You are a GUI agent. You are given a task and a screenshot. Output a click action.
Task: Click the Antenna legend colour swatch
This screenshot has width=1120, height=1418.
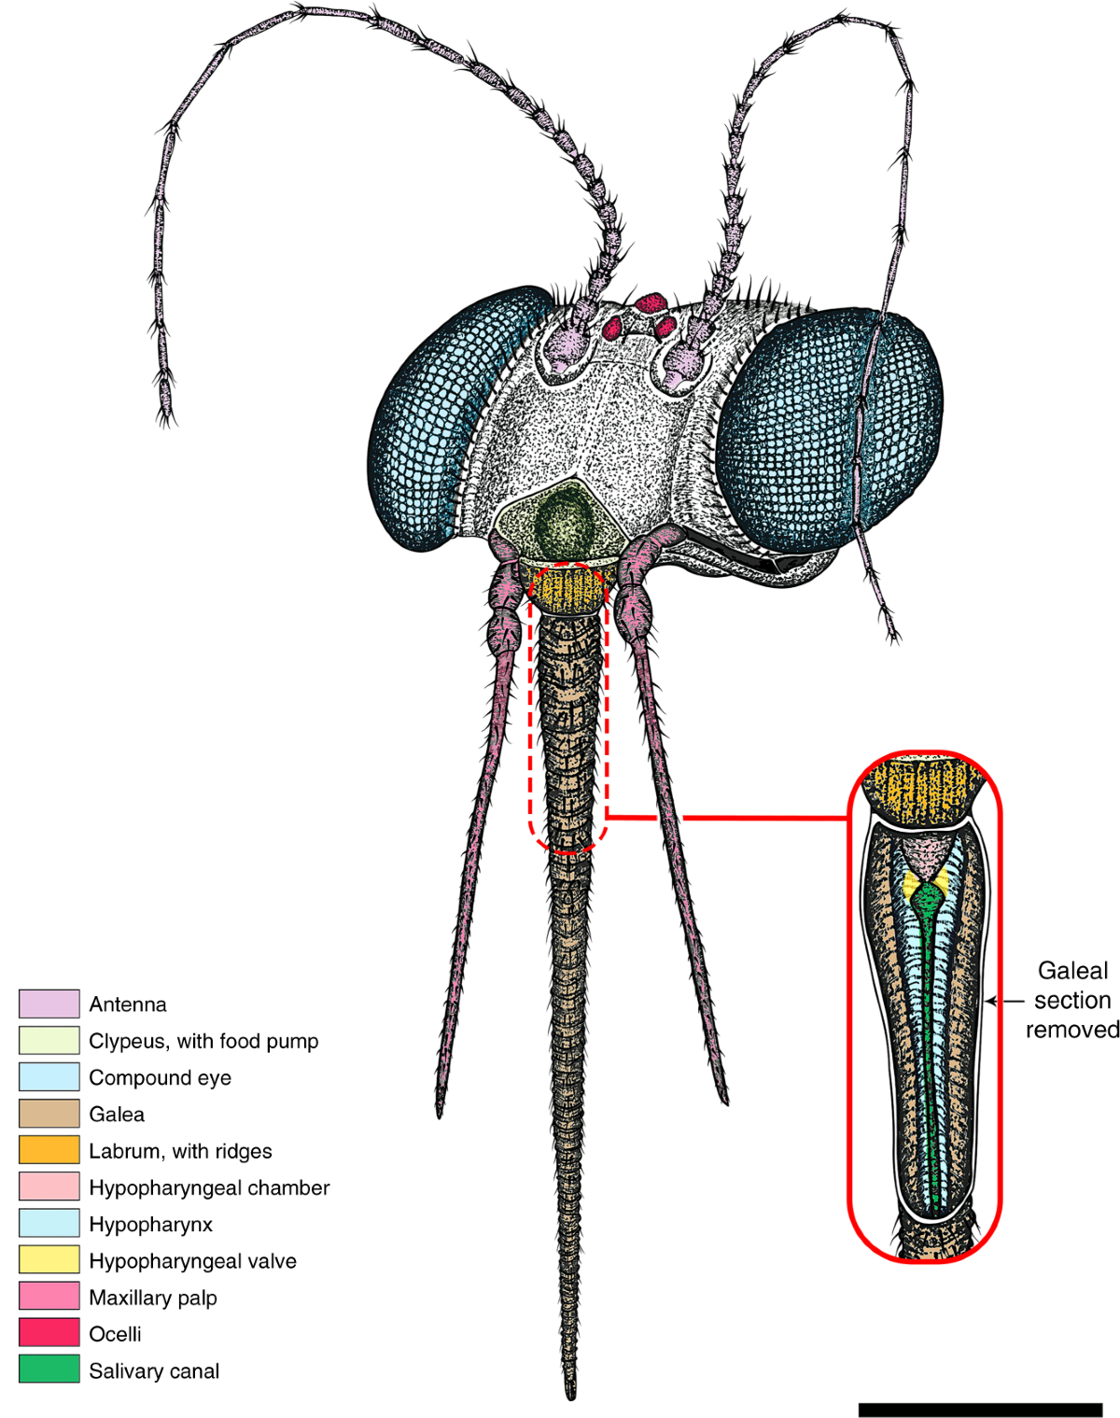49,1004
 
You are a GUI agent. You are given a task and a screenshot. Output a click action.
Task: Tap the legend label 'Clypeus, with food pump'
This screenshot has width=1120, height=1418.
203,1041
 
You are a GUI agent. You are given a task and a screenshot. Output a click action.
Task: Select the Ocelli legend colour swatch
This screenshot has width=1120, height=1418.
49,1333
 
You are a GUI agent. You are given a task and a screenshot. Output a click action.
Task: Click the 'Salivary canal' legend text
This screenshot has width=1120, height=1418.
154,1370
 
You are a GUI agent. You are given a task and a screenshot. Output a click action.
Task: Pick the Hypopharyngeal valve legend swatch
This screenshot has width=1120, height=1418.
49,1260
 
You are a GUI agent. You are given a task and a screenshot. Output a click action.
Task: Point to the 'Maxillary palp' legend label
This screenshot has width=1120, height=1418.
153,1298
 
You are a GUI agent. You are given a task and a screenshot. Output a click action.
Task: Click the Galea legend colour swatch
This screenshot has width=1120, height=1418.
49,1114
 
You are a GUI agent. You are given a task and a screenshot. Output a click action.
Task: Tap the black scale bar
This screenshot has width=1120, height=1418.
980,1410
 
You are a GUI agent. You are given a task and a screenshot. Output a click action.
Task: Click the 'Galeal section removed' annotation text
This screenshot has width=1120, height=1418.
1072,1000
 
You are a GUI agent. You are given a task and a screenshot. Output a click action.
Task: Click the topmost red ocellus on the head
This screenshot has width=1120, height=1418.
651,302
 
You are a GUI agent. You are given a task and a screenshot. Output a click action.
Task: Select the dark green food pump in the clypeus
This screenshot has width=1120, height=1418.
562,522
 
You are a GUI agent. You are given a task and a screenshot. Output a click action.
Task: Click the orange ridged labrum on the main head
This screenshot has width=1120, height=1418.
567,590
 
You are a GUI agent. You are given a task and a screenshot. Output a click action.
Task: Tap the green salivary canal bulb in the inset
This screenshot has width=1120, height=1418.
928,900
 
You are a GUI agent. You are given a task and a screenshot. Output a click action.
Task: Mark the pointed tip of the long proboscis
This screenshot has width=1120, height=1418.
570,1395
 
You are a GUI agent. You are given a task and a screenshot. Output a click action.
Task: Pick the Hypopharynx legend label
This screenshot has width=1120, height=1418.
150,1224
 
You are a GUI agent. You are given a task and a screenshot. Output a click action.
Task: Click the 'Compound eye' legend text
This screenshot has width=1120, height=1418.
160,1077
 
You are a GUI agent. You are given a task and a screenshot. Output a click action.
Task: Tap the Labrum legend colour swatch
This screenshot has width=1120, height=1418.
49,1150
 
